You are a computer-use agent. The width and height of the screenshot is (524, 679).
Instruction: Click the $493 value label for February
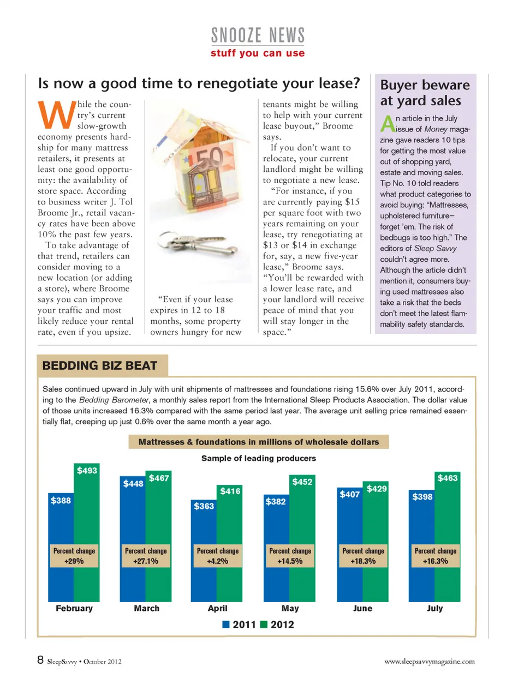tap(87, 470)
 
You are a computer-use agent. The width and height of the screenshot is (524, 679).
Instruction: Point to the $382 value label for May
tap(276, 501)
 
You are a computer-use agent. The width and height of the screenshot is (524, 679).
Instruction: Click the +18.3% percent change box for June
tap(363, 556)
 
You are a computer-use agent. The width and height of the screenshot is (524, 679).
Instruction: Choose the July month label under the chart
tap(434, 608)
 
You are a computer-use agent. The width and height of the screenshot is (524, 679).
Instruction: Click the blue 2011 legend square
tap(226, 624)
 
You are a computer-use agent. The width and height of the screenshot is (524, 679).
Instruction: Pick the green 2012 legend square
tap(264, 624)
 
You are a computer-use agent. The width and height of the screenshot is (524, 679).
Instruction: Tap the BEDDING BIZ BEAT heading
tap(100, 365)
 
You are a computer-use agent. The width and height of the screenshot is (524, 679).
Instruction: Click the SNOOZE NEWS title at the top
tap(258, 35)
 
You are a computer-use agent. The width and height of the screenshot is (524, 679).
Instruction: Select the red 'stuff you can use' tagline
tap(258, 53)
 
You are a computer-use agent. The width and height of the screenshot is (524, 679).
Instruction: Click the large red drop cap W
tap(56, 115)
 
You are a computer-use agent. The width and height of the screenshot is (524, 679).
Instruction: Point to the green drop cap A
tap(387, 123)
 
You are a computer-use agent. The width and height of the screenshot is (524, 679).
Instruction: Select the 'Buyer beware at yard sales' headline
tap(424, 93)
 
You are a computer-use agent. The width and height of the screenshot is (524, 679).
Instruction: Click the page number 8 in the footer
tap(40, 660)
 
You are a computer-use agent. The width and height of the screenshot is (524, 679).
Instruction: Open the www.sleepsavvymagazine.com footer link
tap(430, 662)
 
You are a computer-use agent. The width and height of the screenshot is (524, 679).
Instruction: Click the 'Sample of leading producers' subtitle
tap(258, 458)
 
